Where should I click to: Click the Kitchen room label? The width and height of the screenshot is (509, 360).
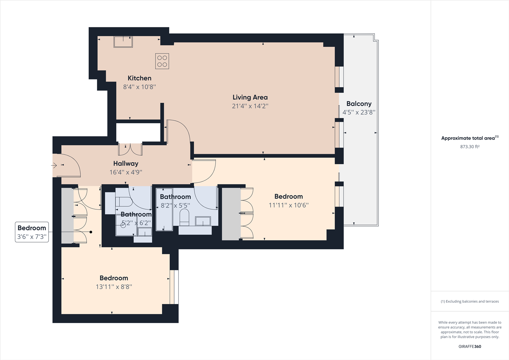pos(139,78)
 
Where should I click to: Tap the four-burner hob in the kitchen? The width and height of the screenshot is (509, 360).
pos(162,61)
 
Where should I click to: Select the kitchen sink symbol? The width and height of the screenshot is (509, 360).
pos(123,42)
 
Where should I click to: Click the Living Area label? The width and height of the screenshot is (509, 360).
pos(250,97)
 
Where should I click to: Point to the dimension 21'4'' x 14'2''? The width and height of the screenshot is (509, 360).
pos(250,106)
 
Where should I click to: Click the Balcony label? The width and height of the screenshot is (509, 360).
pos(359,104)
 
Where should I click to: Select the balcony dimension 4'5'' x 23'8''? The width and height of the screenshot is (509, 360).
pos(359,112)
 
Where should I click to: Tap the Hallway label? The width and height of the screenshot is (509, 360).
pos(126,163)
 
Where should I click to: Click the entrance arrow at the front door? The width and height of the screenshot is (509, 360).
pos(54,165)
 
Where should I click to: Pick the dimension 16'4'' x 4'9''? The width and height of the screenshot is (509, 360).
pos(126,172)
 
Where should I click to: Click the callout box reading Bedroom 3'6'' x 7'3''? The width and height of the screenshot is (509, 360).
pos(32,232)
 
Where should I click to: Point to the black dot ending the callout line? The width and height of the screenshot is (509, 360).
pos(91,232)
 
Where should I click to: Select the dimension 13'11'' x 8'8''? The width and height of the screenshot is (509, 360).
pos(114,287)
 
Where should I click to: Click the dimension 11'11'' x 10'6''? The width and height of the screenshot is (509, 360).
pos(288,205)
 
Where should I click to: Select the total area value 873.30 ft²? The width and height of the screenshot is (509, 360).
pos(470,147)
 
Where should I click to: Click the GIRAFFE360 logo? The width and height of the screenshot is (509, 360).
pos(470,346)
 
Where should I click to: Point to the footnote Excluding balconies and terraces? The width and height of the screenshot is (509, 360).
pos(470,301)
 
